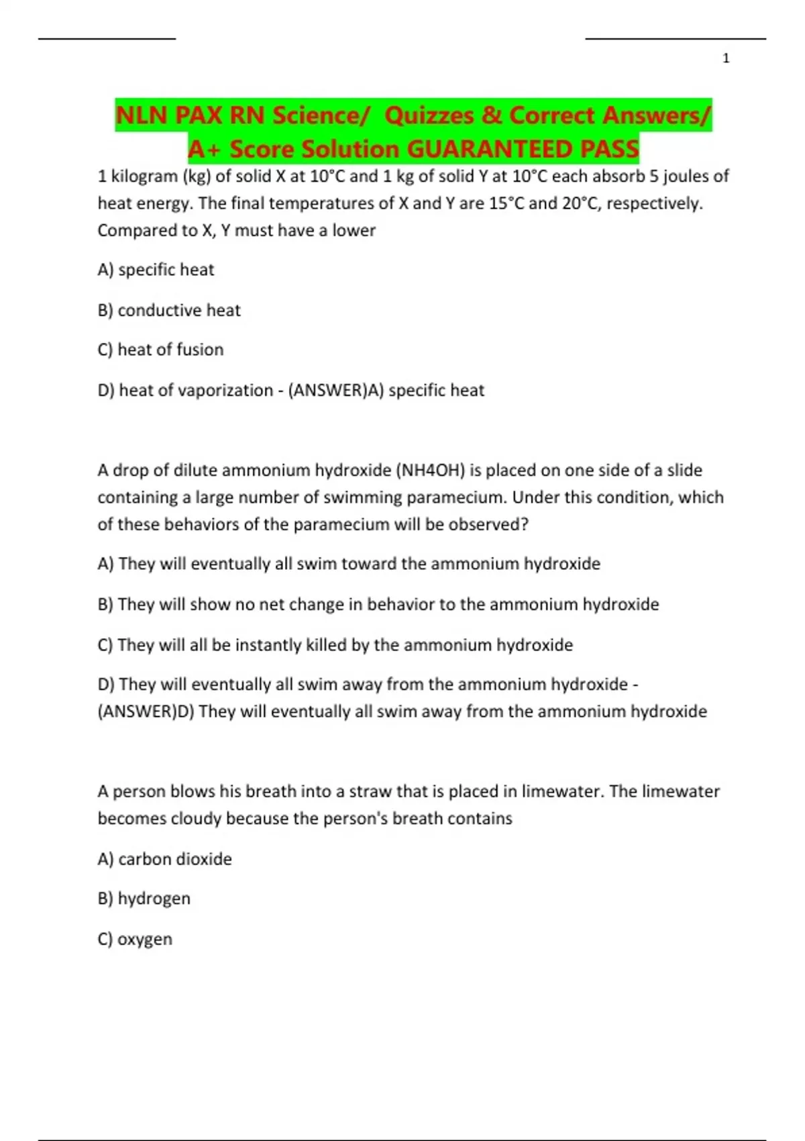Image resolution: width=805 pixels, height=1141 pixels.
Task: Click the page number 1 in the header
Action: pyautogui.click(x=726, y=59)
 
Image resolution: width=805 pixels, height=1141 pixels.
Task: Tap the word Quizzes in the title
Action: pyautogui.click(x=430, y=115)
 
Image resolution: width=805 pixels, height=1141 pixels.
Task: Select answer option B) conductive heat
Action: pyautogui.click(x=169, y=310)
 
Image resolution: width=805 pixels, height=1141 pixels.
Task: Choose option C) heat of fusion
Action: pyautogui.click(x=160, y=350)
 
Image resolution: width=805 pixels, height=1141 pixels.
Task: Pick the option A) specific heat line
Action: pyautogui.click(x=156, y=270)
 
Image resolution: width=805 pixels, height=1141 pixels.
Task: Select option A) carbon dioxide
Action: pyautogui.click(x=165, y=859)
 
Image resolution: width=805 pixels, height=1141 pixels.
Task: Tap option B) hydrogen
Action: pyautogui.click(x=144, y=899)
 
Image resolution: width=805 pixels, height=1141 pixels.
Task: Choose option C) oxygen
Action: pyautogui.click(x=135, y=939)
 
